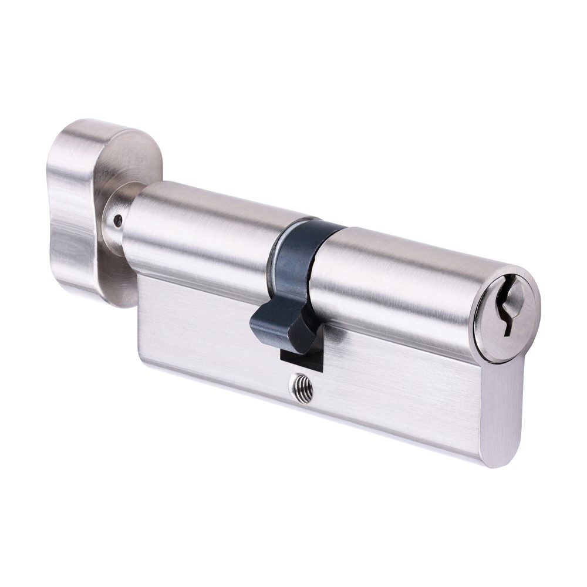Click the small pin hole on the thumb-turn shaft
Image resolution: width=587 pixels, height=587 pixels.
(x=118, y=221)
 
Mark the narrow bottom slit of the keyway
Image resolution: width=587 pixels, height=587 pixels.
(x=504, y=326)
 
